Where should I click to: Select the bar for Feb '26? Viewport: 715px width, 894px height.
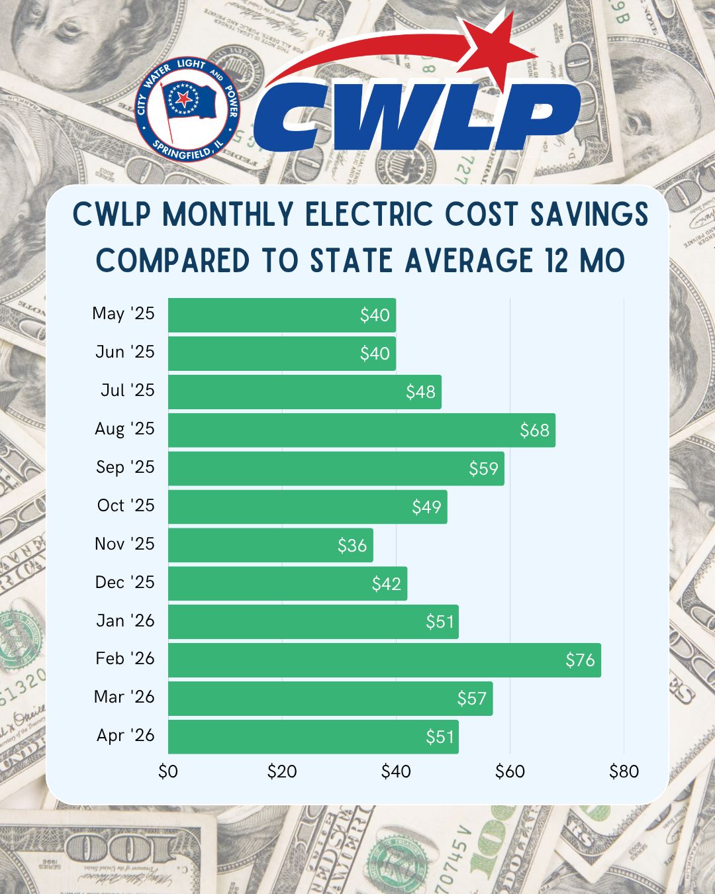point(384,660)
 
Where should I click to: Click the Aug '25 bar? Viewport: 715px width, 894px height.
point(362,430)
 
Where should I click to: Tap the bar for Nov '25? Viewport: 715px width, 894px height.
point(271,545)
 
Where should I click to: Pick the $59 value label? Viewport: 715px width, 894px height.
point(483,469)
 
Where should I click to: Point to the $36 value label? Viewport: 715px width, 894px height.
point(352,546)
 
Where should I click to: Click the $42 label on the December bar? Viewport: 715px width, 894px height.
point(387,583)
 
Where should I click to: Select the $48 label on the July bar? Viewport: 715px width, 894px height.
point(420,392)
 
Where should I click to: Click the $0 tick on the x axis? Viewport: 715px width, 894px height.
point(168,772)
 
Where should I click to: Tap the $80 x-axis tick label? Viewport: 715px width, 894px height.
point(624,772)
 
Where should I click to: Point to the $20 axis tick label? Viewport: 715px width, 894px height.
point(282,772)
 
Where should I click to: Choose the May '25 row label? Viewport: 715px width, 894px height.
point(123,314)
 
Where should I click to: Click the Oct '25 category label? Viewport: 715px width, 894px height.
point(126,505)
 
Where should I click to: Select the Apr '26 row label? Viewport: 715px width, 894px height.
point(126,736)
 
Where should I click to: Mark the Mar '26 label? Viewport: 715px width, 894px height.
point(124,697)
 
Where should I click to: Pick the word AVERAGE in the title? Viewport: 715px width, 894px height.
point(469,260)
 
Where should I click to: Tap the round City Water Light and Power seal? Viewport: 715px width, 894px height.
point(187,109)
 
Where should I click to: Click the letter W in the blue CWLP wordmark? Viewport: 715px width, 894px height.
point(382,117)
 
